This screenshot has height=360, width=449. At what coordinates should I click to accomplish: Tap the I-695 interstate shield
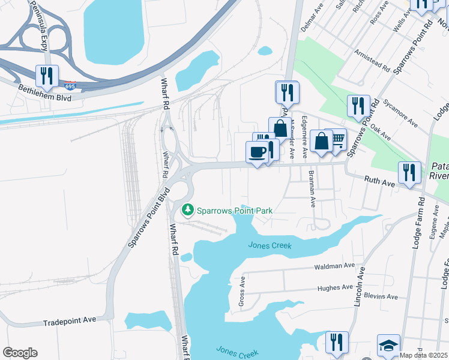(x=70, y=86)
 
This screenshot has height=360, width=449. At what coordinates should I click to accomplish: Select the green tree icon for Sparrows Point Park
(x=188, y=210)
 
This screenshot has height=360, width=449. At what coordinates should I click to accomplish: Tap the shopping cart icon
(x=337, y=140)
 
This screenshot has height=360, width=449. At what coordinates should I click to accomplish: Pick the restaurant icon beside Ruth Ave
(x=409, y=173)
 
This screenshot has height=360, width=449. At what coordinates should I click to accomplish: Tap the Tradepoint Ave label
(x=70, y=322)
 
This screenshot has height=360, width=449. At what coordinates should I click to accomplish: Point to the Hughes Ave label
(x=335, y=288)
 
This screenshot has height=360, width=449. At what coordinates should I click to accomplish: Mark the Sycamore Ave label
(x=402, y=115)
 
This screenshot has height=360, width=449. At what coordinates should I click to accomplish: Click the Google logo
(x=20, y=353)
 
